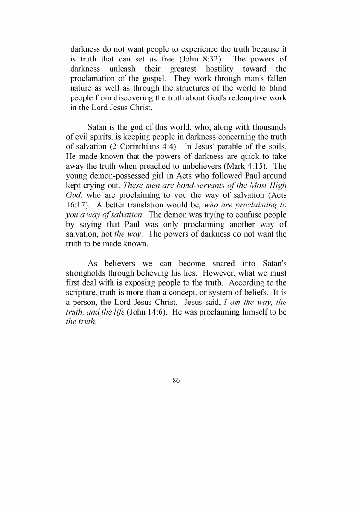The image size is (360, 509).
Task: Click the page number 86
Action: (176, 381)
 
